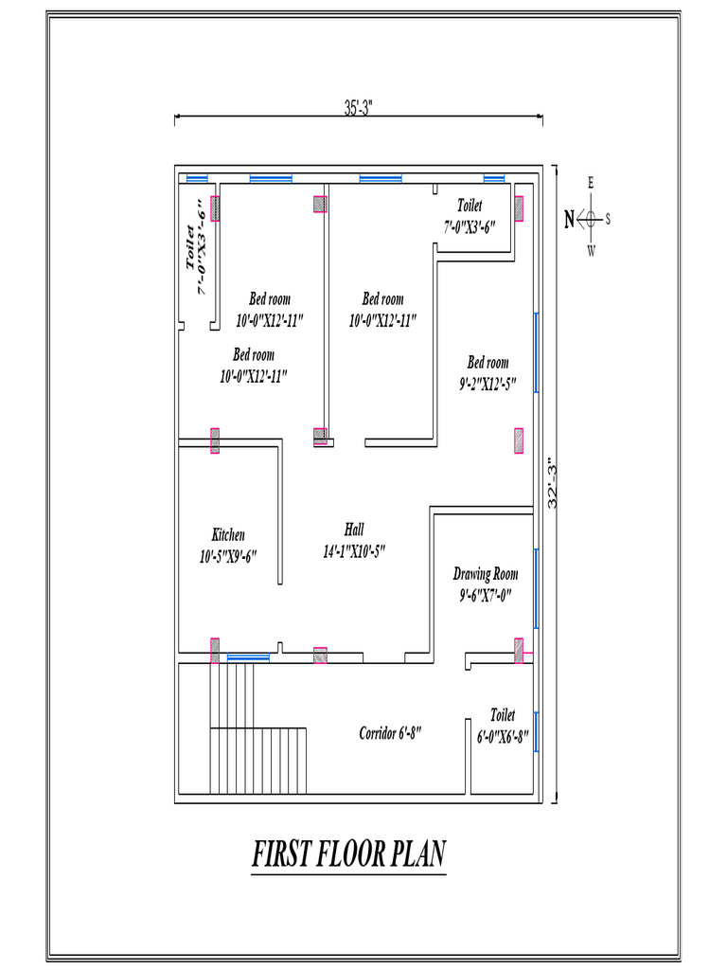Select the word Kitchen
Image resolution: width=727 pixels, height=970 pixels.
coord(228,535)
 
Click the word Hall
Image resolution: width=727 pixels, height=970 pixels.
coord(354,530)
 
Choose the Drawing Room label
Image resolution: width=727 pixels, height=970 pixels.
coord(486,574)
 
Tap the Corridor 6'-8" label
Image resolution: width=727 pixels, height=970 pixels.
coord(389,732)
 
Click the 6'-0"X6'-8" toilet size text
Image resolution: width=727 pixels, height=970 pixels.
coord(502,735)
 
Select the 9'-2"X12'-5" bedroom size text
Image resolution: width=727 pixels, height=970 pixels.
coord(488,384)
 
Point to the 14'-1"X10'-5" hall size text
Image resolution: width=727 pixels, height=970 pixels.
coord(354,551)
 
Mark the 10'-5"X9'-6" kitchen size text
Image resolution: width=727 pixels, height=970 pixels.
coord(228,557)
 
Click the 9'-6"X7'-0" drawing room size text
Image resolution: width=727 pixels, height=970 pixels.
coord(486,596)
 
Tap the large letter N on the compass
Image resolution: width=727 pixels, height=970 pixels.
coord(569,220)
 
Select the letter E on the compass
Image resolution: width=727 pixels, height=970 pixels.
coord(592,183)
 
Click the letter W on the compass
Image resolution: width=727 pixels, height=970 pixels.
coord(592,251)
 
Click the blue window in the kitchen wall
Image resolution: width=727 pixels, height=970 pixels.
coord(248,656)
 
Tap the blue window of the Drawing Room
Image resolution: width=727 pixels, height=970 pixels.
coord(536,587)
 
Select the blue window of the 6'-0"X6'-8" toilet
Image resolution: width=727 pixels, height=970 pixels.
coord(536,731)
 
